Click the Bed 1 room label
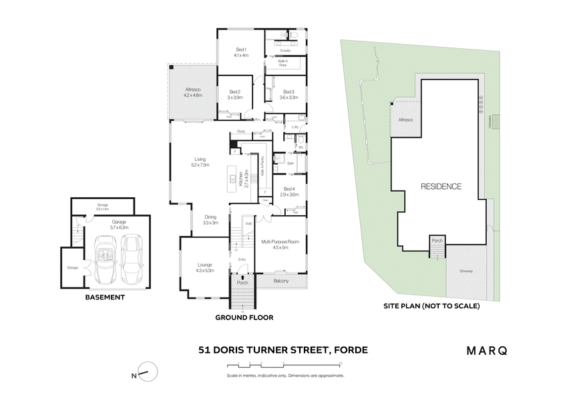pyautogui.click(x=241, y=53)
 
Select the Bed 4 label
pyautogui.click(x=289, y=191)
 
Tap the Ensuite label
pyautogui.click(x=285, y=50)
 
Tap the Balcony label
pyautogui.click(x=281, y=281)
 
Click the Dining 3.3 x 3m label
pyautogui.click(x=211, y=220)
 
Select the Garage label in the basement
pyautogui.click(x=119, y=224)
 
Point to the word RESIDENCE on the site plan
pyautogui.click(x=440, y=186)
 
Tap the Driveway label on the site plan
pyautogui.click(x=466, y=271)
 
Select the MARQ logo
pyautogui.click(x=486, y=350)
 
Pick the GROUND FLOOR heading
pyautogui.click(x=244, y=317)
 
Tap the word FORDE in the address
pyautogui.click(x=349, y=350)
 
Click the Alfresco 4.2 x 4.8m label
pyautogui.click(x=192, y=92)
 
